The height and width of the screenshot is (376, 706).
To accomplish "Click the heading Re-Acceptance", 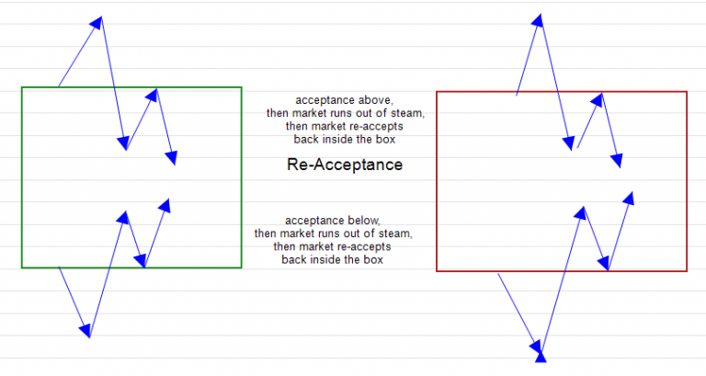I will [x=345, y=165].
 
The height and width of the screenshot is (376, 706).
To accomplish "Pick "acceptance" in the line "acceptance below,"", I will [x=312, y=221].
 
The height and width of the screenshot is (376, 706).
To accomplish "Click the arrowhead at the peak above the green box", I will [x=97, y=22].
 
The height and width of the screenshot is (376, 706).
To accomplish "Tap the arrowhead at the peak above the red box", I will [x=540, y=20].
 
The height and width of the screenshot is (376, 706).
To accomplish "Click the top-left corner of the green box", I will [x=22, y=87].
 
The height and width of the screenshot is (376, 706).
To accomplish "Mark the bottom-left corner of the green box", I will [x=22, y=268].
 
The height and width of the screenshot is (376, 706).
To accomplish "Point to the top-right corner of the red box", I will [x=687, y=92].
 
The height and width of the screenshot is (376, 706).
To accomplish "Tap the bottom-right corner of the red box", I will [x=687, y=271].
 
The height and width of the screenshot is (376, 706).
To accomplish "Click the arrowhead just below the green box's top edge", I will [x=154, y=94].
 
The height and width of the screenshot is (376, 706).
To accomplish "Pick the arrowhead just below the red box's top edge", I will [x=599, y=97].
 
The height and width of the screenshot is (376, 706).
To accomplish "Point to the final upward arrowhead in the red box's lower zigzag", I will [x=630, y=198].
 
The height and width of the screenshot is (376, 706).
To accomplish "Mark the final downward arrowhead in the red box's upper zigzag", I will [x=618, y=161].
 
